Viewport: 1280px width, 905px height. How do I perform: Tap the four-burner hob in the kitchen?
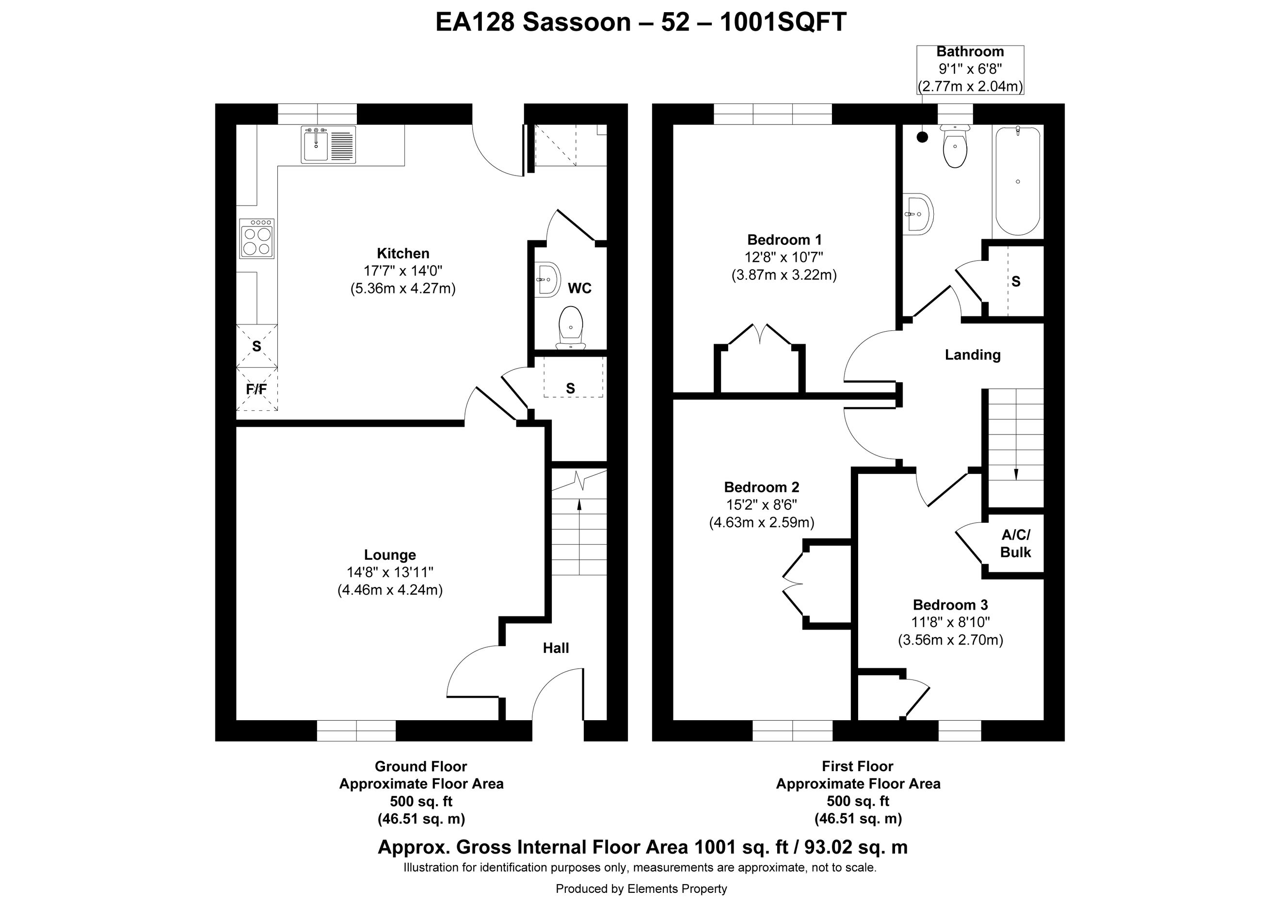[x=257, y=238]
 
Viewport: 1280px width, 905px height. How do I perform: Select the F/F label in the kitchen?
[x=256, y=388]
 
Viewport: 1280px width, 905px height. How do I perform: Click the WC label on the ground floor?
[x=580, y=288]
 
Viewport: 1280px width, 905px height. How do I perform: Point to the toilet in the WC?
[x=570, y=328]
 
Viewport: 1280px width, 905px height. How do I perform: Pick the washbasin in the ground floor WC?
[x=547, y=279]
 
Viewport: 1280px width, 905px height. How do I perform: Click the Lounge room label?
[x=390, y=555]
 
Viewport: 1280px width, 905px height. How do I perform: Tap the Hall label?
[x=556, y=648]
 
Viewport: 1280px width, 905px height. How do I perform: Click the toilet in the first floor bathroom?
[x=956, y=145]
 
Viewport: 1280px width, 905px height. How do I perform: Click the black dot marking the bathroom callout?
[x=923, y=136]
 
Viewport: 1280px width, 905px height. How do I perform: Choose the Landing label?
[x=973, y=355]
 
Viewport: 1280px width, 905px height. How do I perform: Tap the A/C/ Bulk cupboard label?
[x=1016, y=544]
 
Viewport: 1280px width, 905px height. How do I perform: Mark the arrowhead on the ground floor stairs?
[x=579, y=504]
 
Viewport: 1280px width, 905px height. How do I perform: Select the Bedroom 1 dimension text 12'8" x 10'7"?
[x=784, y=258]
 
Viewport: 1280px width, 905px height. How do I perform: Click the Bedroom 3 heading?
[x=950, y=605]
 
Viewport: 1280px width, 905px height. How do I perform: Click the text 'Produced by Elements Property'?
[x=641, y=889]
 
